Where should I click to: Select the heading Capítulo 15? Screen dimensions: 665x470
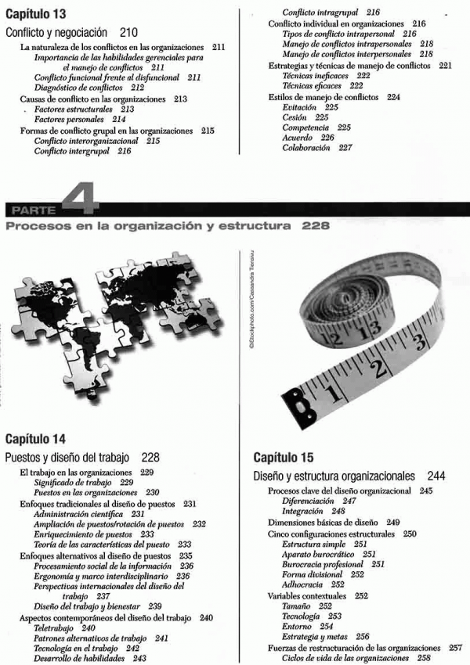(x=284, y=457)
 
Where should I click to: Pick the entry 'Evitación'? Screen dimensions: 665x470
(x=300, y=106)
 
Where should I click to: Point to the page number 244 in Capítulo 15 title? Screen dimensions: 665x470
(x=437, y=475)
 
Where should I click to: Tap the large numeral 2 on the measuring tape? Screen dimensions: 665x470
(x=381, y=368)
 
